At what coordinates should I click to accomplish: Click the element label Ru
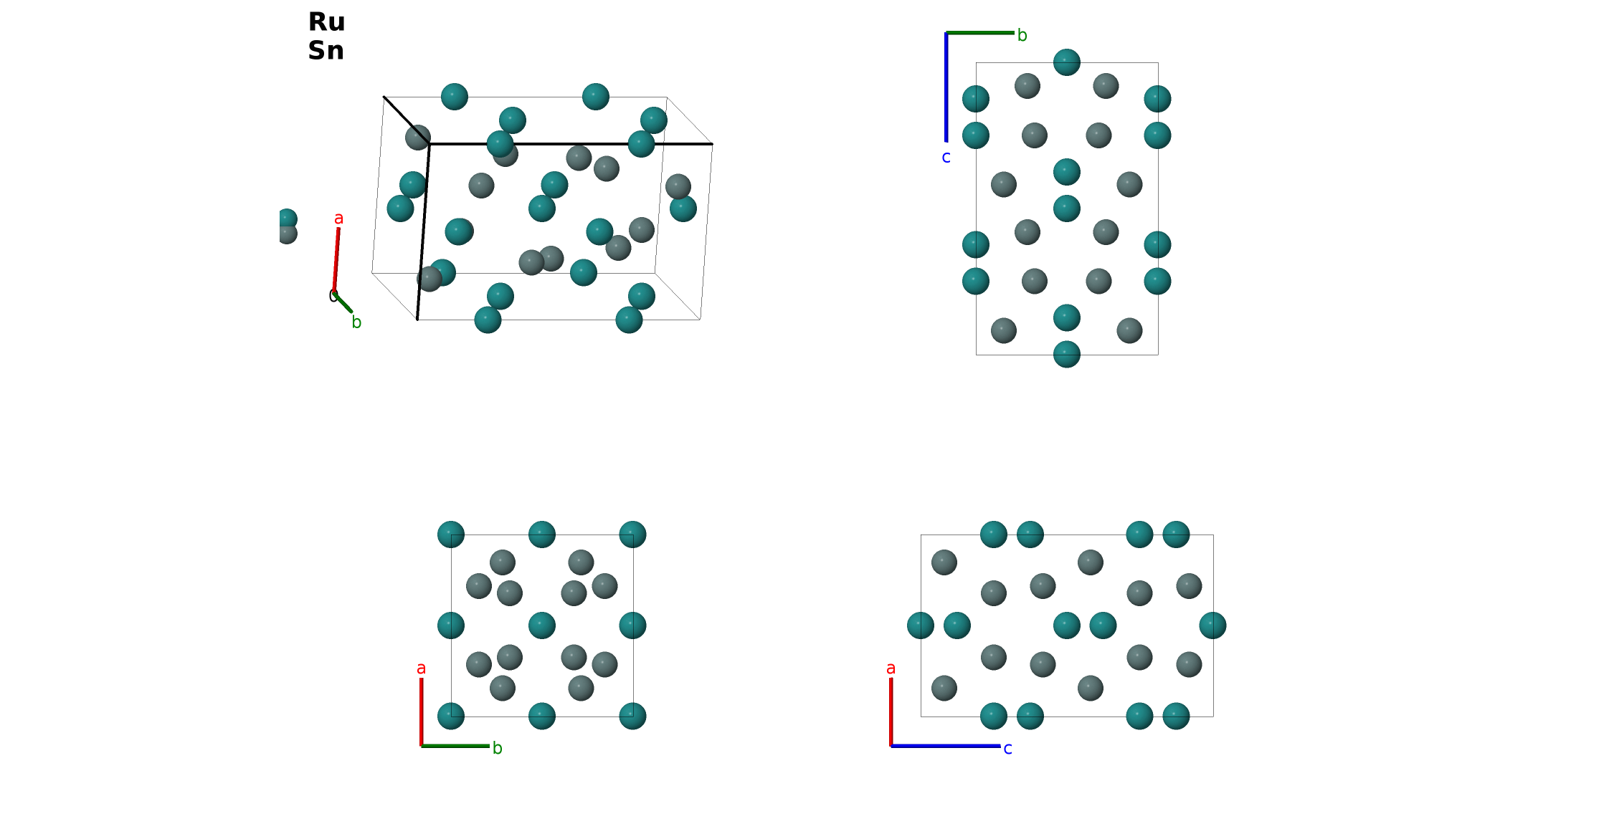326,22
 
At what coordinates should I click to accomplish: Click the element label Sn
326,51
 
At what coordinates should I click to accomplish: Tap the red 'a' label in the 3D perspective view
339,219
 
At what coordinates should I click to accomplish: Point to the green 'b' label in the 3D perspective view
356,322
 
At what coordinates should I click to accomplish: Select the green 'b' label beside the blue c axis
1022,35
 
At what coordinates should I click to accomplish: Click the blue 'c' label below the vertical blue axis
946,158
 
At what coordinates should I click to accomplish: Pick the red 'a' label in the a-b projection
422,668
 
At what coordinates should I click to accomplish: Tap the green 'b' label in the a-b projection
498,748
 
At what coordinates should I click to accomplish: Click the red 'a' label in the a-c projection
891,668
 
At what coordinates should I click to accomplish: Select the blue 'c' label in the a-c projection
1008,749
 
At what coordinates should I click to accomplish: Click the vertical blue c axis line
946,87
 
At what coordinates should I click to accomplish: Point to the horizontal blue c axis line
946,746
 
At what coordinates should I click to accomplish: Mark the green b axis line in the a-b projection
455,746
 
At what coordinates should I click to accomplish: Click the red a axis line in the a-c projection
891,711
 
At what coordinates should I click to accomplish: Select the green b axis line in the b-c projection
980,32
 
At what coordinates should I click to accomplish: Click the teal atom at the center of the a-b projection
542,625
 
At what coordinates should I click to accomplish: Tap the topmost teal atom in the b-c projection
1067,62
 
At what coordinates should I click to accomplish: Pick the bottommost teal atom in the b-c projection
1067,354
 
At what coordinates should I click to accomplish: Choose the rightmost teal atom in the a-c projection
1213,625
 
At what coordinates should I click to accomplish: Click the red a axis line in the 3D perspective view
336,260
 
